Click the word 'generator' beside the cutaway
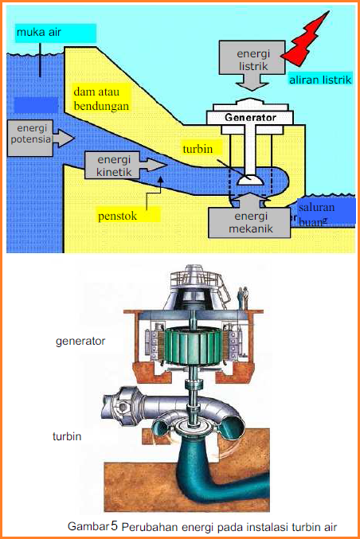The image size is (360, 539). click(x=81, y=342)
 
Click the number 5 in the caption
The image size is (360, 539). click(x=114, y=526)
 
